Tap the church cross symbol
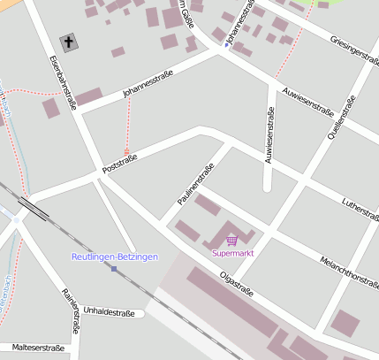click(x=69, y=42)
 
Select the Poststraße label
click(x=122, y=162)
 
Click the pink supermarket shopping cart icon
click(x=231, y=240)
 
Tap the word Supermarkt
click(x=231, y=254)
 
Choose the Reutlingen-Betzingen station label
click(x=114, y=257)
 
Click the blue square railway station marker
click(x=113, y=269)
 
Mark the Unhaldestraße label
click(x=108, y=312)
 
